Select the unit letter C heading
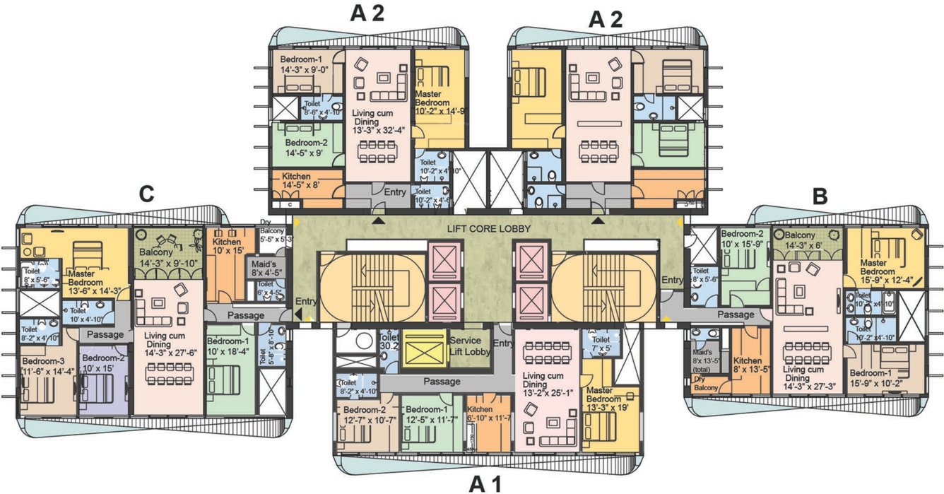click(x=146, y=195)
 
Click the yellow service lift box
click(x=424, y=348)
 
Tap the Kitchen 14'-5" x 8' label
click(x=301, y=181)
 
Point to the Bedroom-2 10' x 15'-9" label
click(x=742, y=239)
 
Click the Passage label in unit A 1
click(x=442, y=381)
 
